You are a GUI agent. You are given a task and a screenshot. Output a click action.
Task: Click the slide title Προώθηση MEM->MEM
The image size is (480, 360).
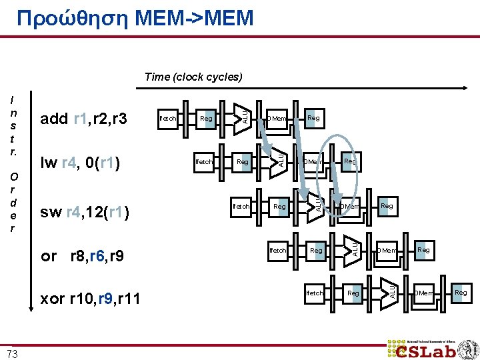click(136, 17)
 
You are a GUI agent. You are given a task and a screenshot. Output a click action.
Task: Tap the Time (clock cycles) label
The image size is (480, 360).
click(193, 77)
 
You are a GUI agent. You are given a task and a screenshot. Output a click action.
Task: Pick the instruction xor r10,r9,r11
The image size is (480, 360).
click(91, 299)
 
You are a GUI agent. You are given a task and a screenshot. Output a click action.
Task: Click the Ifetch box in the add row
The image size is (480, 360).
click(168, 119)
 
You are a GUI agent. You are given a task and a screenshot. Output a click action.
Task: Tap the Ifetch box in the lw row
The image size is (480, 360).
click(204, 162)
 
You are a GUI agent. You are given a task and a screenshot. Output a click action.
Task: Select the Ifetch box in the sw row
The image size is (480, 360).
click(241, 207)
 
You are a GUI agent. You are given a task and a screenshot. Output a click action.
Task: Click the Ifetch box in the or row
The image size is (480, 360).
click(278, 251)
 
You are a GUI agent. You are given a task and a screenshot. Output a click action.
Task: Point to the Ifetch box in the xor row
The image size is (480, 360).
click(315, 293)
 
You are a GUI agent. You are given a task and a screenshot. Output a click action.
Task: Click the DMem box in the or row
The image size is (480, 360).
click(387, 251)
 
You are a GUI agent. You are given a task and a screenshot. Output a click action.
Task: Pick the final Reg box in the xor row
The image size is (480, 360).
click(461, 293)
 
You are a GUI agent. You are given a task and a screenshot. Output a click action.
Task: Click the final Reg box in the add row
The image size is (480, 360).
click(313, 118)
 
